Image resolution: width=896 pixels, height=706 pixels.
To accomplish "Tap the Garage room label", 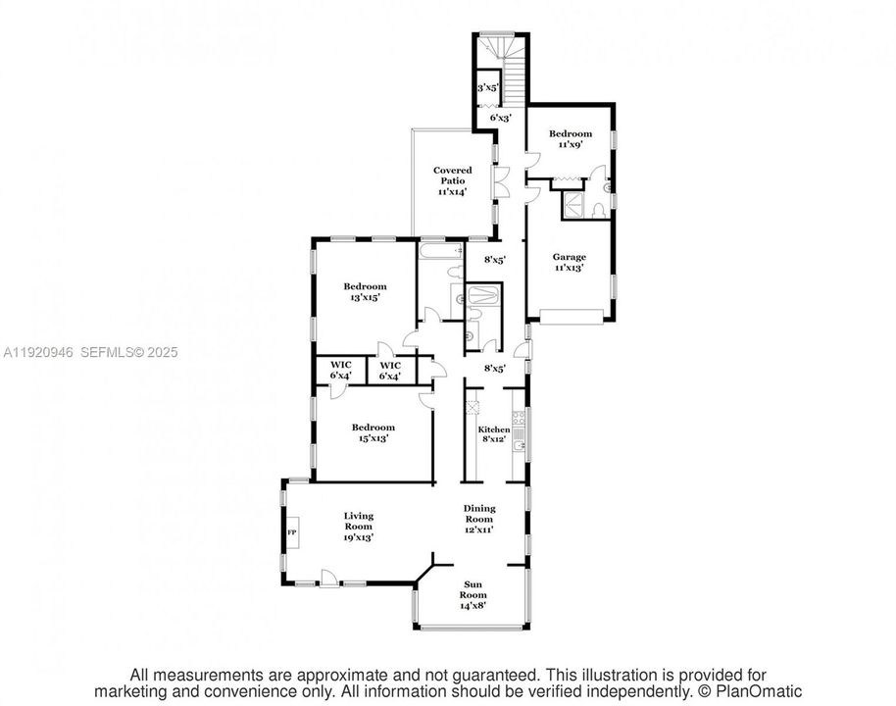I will click(570, 263).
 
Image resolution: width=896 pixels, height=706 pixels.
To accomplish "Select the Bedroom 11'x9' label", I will click(570, 138).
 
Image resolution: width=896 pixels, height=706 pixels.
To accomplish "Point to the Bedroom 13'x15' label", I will click(361, 291).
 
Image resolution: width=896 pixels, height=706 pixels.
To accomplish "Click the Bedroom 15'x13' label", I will click(373, 432).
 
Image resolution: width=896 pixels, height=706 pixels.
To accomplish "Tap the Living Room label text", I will click(359, 526).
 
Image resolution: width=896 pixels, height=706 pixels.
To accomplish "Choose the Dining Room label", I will click(479, 519).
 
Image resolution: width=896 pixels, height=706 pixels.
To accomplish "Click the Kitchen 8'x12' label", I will click(493, 434).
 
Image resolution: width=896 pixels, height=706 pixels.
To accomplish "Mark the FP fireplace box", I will click(291, 532).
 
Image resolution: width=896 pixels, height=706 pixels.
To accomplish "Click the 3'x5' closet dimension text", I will click(487, 88).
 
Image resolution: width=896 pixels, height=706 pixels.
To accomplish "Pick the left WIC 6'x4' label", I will click(339, 371).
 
